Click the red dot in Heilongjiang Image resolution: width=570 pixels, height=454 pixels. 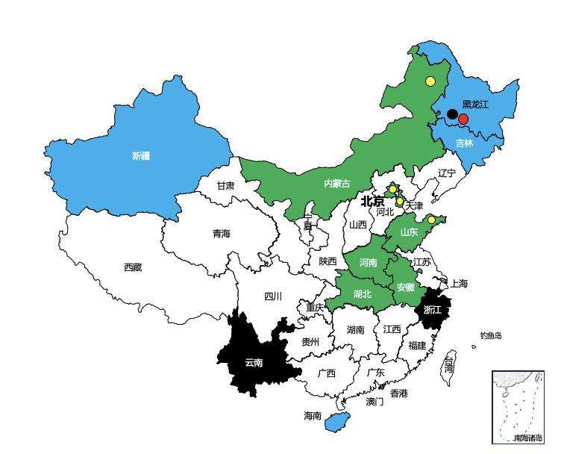click(x=463, y=119)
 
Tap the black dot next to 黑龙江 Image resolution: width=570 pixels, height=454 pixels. click(x=452, y=114)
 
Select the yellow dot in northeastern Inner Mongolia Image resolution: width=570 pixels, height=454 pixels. click(x=430, y=81)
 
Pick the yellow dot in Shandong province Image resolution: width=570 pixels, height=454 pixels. click(x=431, y=220)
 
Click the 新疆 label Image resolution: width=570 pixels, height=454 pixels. click(x=141, y=156)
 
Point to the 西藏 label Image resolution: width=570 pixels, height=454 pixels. click(x=133, y=267)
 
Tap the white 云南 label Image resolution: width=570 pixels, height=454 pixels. click(x=254, y=363)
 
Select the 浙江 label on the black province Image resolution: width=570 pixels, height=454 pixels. click(x=432, y=309)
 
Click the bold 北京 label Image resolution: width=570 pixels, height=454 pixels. click(x=372, y=202)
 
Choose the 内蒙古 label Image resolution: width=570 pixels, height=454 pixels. click(x=336, y=183)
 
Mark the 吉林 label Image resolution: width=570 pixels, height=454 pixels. click(x=464, y=143)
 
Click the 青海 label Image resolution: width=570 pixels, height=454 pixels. click(x=222, y=234)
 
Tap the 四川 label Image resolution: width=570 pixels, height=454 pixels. click(x=273, y=296)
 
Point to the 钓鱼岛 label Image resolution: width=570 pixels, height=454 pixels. click(x=491, y=336)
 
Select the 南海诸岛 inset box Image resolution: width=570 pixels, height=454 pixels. click(x=518, y=407)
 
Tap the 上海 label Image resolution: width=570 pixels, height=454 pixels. click(x=459, y=284)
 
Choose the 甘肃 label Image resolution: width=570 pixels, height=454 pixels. click(x=225, y=185)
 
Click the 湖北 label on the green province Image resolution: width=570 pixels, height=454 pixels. click(x=363, y=293)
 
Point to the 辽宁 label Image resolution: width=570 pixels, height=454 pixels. click(x=446, y=172)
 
